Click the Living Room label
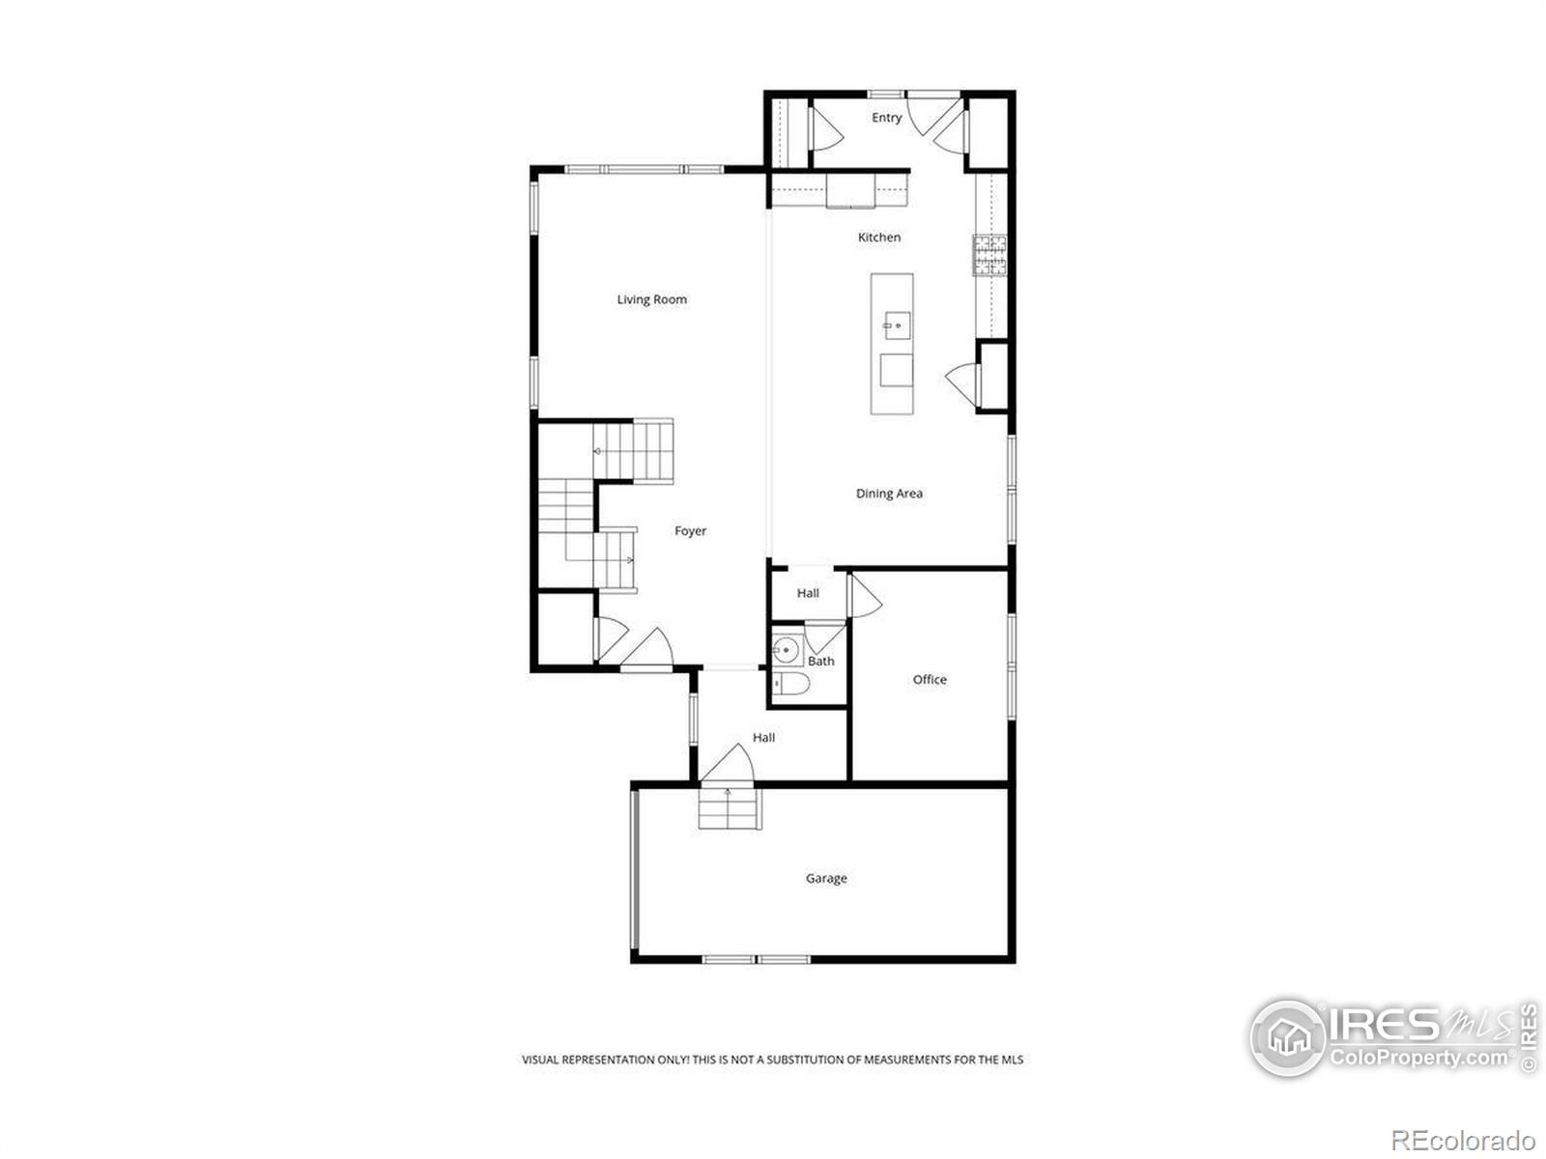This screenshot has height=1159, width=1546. pos(651,299)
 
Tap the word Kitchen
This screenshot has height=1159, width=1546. pos(879,238)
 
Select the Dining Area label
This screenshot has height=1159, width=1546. pos(889,494)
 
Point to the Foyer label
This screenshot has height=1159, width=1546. pos(690,531)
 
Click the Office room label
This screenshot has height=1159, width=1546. pos(930,679)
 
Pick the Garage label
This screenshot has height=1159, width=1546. pos(826,878)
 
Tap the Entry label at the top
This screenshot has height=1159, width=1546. pos(887,118)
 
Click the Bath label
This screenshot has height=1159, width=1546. pos(821,661)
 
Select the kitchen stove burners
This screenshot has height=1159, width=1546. pos(989,255)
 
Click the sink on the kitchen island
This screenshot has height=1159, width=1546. pos(898,326)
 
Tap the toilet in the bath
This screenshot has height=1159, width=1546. pos(791,683)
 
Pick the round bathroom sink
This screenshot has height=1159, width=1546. pos(786,650)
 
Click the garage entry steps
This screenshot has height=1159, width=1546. pos(730,807)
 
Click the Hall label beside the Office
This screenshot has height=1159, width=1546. pos(808,593)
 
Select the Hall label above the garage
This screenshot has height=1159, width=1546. pos(763,738)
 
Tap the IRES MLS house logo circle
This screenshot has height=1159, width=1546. pos(1288,1037)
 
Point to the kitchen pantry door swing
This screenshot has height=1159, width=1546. pos(961,385)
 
